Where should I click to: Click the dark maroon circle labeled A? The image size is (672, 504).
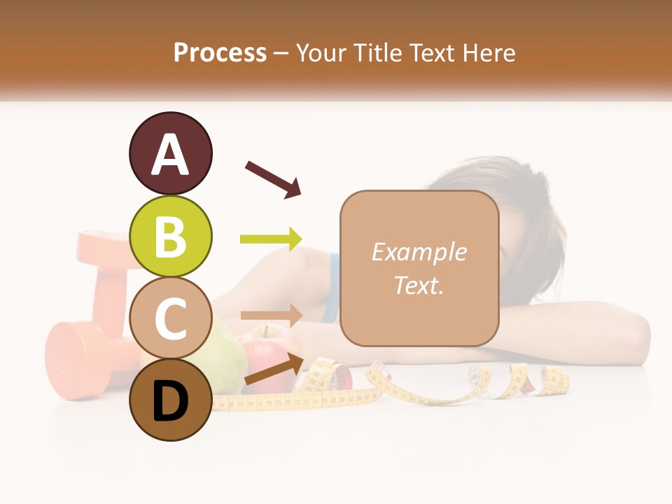[x=170, y=154]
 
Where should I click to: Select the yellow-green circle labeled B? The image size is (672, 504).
[x=170, y=237]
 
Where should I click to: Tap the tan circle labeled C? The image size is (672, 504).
[x=170, y=318]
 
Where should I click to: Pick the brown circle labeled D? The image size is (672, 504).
[x=170, y=400]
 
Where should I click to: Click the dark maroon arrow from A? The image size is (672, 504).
[x=273, y=179]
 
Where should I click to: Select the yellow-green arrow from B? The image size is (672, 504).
[x=271, y=239]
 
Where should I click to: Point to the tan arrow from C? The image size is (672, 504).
[x=272, y=315]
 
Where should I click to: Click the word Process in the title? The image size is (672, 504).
[x=220, y=52]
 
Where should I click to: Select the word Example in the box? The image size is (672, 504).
[x=419, y=252]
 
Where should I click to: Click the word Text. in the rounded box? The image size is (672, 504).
[x=419, y=285]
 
